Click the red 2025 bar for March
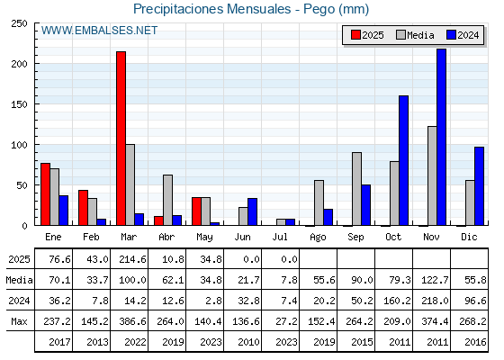tap(121, 139)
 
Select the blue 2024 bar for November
tap(441, 137)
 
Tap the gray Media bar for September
tap(356, 189)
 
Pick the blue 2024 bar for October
tap(404, 160)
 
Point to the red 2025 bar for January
tap(45, 194)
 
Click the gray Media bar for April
tap(167, 200)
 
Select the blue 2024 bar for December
tap(479, 186)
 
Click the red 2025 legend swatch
tap(355, 35)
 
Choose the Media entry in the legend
tap(415, 35)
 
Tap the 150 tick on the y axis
tap(19, 104)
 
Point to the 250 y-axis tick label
tap(19, 23)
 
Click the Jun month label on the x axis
tap(242, 238)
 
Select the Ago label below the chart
tap(318, 238)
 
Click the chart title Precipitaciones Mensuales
tap(212, 9)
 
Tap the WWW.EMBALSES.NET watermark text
tap(99, 31)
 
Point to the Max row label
tap(19, 321)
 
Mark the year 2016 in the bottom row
tap(475, 342)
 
